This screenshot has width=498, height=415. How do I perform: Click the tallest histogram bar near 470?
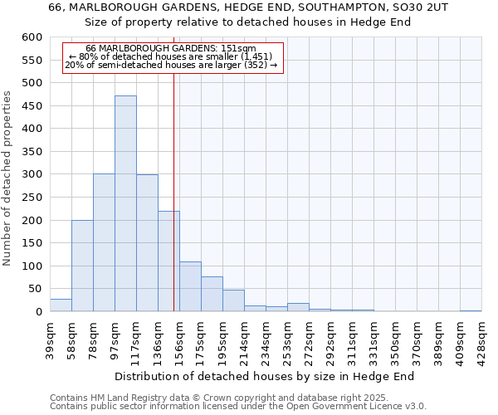[x=125, y=203]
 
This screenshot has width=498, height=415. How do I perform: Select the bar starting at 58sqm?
[x=82, y=266]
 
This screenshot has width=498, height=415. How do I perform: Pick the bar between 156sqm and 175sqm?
[x=190, y=287]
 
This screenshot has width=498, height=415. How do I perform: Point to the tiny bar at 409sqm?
[x=471, y=310]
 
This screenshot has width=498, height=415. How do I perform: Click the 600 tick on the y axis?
[x=32, y=37]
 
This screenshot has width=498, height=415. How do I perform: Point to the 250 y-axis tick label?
[x=32, y=198]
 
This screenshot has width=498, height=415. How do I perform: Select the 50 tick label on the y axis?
[x=35, y=289]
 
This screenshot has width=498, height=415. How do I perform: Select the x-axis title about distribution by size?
[x=264, y=376]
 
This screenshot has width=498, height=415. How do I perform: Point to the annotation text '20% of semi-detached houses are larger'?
[x=171, y=66]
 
